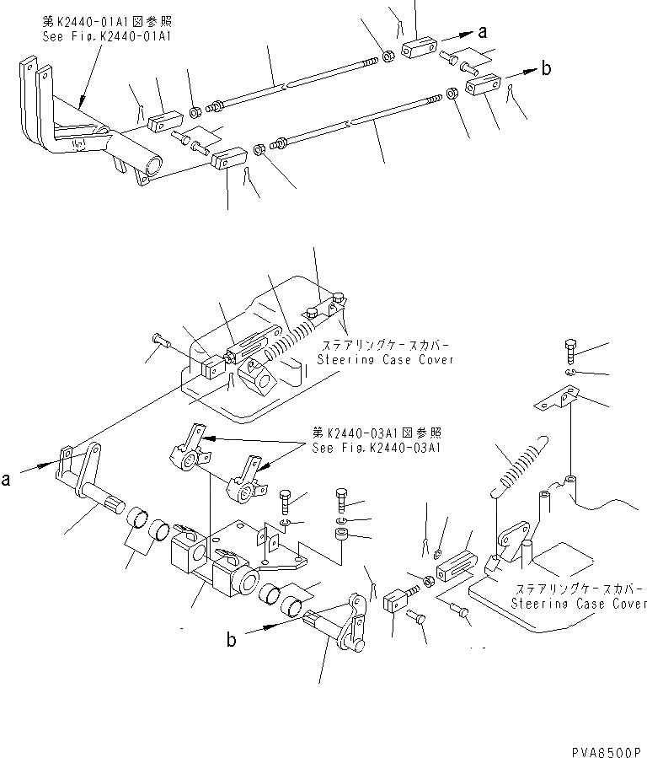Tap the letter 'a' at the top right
[x=483, y=33]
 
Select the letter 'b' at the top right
[x=546, y=69]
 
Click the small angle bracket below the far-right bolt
[x=559, y=398]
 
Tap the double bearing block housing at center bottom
[x=211, y=561]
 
